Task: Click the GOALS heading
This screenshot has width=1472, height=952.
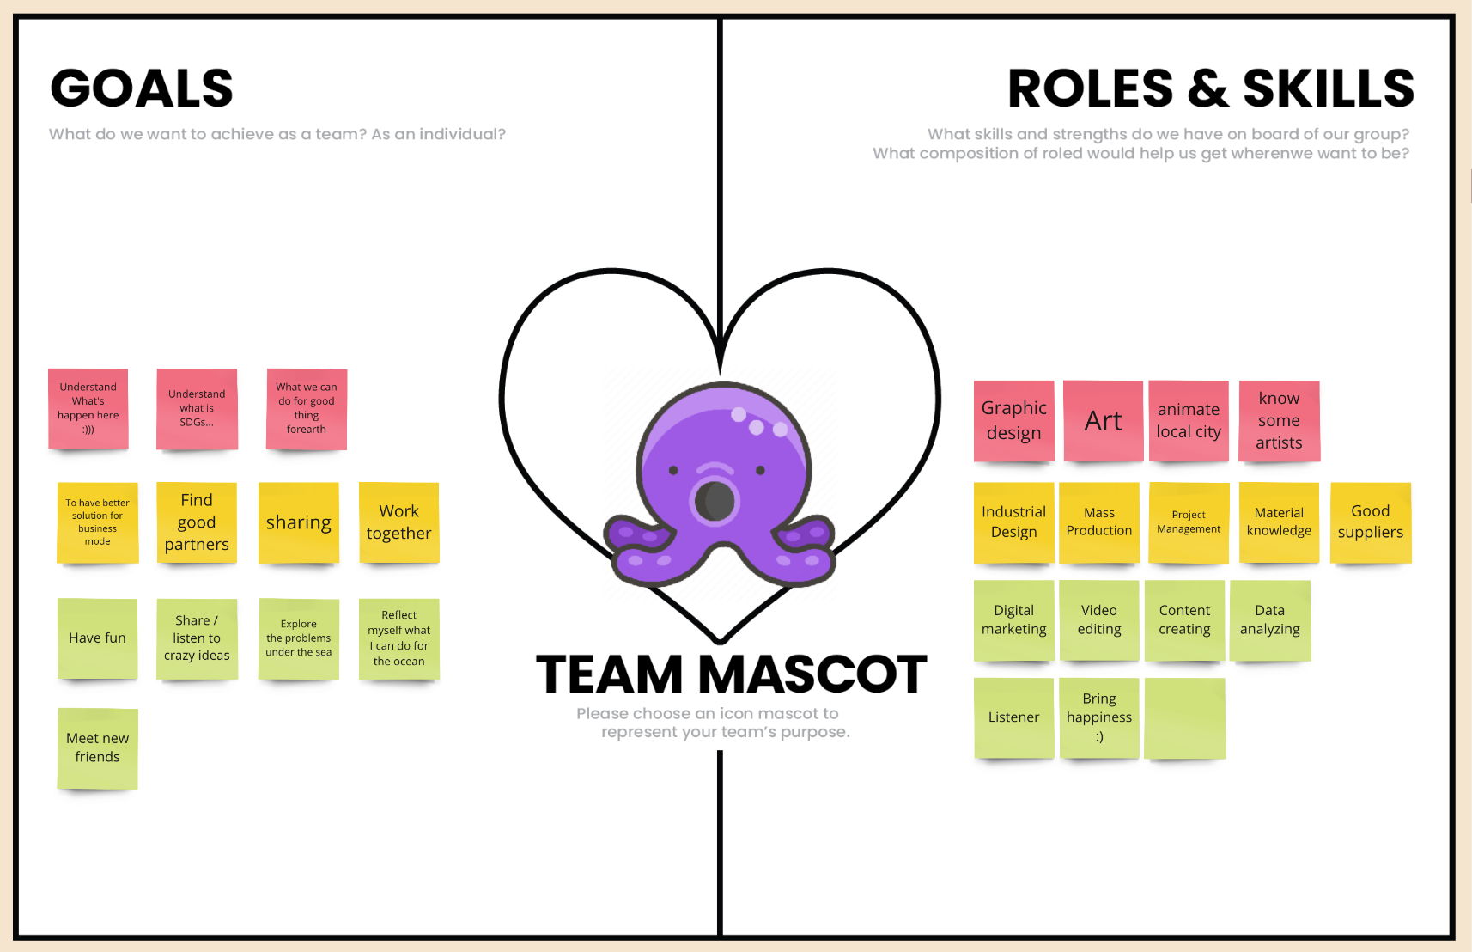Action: (x=142, y=88)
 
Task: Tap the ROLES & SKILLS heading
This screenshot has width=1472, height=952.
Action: (x=1210, y=88)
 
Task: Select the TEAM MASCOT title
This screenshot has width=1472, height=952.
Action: (x=731, y=674)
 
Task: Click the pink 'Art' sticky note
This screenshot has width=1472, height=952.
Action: (x=1103, y=421)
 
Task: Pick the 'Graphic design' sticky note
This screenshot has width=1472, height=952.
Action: (x=1013, y=421)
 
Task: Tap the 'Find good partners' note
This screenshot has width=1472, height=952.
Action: (x=197, y=522)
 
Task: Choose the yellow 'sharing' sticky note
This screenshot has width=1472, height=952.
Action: (x=298, y=522)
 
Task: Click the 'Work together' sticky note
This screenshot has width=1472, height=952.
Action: (x=398, y=522)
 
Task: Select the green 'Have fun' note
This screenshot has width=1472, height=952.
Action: (x=97, y=638)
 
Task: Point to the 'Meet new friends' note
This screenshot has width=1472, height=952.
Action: (x=97, y=748)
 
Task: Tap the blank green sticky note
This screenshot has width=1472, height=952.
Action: (x=1185, y=718)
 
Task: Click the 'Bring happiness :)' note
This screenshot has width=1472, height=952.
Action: (x=1099, y=717)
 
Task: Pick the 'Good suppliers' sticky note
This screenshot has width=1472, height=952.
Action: (x=1370, y=522)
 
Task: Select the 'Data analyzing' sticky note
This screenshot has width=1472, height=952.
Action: (x=1269, y=620)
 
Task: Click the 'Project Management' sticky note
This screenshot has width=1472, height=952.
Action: (x=1189, y=522)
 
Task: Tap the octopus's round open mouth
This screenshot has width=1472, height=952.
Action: (x=714, y=501)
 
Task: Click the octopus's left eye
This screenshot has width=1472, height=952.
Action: (x=673, y=470)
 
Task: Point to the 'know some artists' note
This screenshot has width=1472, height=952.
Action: (x=1279, y=421)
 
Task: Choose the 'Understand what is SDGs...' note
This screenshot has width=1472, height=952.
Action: (x=197, y=409)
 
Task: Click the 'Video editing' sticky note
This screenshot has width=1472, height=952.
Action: (x=1099, y=620)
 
